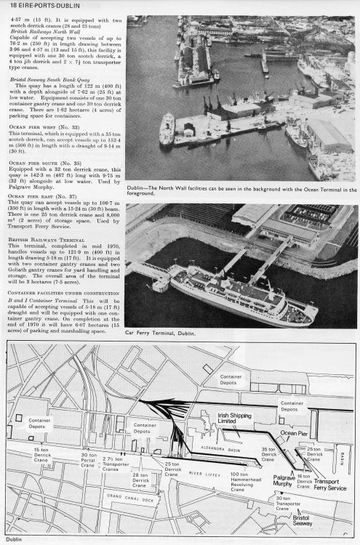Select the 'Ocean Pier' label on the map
[x=294, y=431]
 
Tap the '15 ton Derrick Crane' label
[x=41, y=456]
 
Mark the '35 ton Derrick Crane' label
[x=269, y=456]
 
